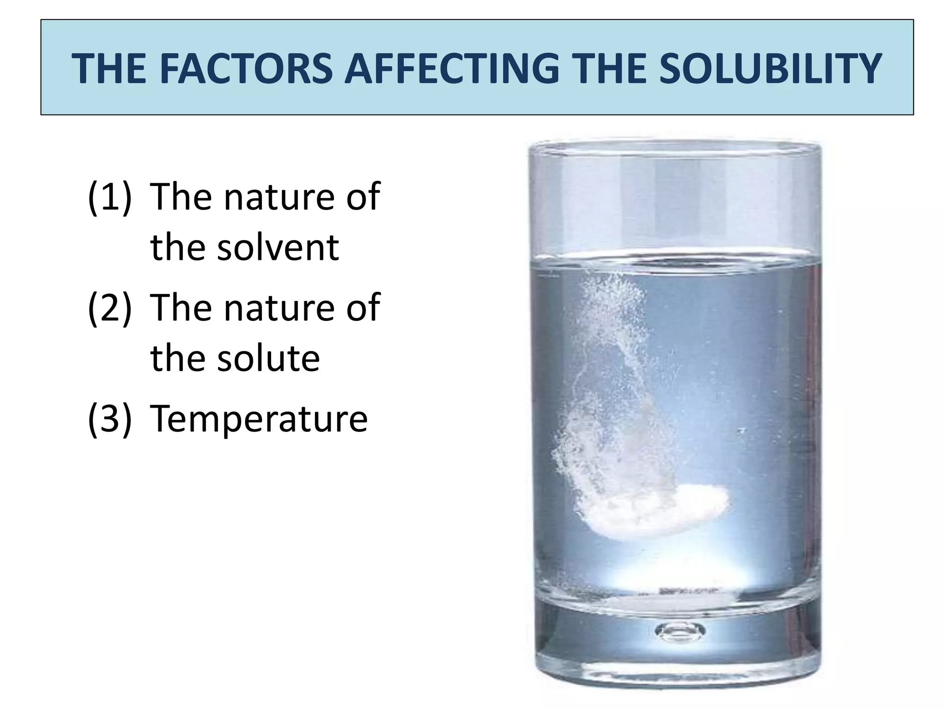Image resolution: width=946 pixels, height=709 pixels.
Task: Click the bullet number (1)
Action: pos(110,197)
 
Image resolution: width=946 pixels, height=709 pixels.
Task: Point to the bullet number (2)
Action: pos(110,308)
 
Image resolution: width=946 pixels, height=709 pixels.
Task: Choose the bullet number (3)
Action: pos(110,419)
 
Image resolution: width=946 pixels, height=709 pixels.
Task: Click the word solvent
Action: pos(278,248)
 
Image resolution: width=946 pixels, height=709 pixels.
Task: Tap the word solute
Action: pos(268,359)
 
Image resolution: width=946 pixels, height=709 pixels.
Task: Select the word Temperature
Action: pos(259,419)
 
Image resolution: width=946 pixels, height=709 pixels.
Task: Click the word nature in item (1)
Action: pos(280,197)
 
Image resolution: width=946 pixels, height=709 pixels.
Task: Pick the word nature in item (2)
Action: pos(280,308)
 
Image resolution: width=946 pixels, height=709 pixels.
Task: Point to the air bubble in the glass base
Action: pos(680,630)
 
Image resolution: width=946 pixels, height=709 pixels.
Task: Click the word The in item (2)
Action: pos(180,308)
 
